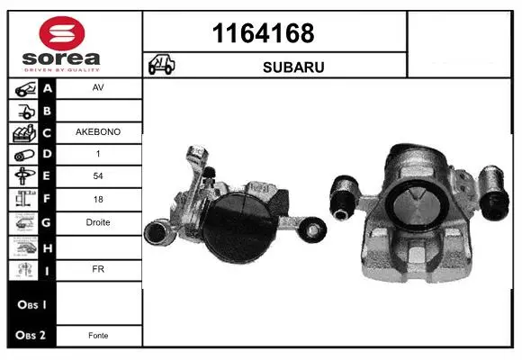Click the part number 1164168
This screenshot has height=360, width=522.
[x=263, y=33]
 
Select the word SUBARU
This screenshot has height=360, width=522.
[x=293, y=67]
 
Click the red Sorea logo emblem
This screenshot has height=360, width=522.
[x=62, y=33]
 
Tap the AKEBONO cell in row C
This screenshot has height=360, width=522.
[x=98, y=132]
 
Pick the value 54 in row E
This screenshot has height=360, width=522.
[x=98, y=176]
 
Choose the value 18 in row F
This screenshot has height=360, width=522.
[x=98, y=200]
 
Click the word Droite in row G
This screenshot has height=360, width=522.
[x=98, y=222]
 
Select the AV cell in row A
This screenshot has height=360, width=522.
[x=98, y=87]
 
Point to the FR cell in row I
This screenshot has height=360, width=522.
[x=98, y=269]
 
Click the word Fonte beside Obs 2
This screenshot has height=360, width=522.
[x=98, y=336]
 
